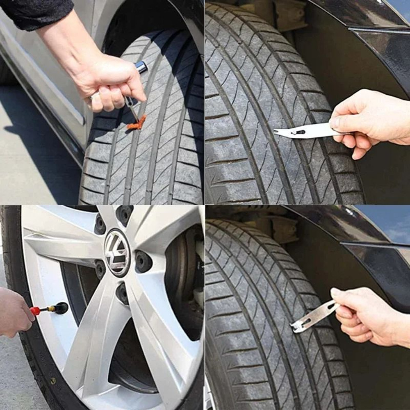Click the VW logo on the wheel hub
pyautogui.click(x=117, y=252)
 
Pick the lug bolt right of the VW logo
pyautogui.click(x=143, y=262)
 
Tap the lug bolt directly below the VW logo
pyautogui.click(x=122, y=293)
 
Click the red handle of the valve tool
pyautogui.click(x=36, y=311)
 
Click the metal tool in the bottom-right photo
pyautogui.click(x=314, y=316)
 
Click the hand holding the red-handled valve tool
pyautogui.click(x=14, y=312)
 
